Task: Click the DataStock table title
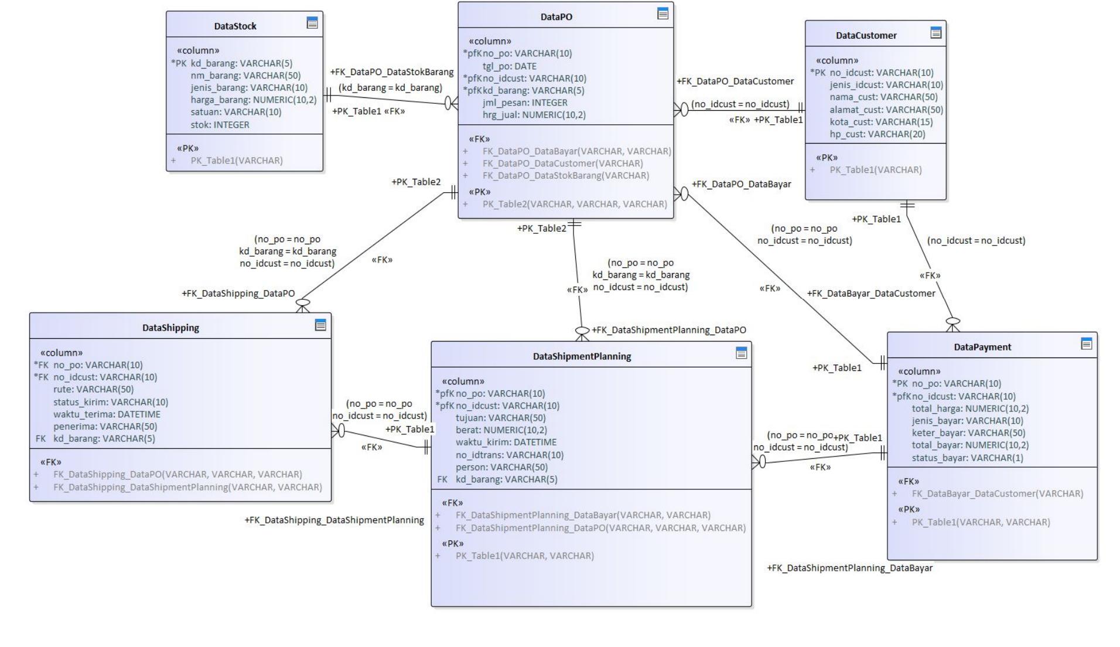[x=235, y=26]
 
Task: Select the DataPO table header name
[x=556, y=17]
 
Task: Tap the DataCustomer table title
[x=866, y=36]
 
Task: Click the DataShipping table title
[x=170, y=328]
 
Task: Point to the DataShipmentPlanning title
[x=582, y=356]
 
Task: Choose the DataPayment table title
[x=982, y=347]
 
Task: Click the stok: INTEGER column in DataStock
[x=220, y=125]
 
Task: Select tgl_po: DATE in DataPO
[x=509, y=66]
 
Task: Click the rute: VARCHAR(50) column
[x=93, y=390]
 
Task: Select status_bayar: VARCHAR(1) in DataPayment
[x=967, y=458]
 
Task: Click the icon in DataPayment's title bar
[x=1086, y=344]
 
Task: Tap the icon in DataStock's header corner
[x=312, y=23]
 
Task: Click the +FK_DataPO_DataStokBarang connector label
[x=392, y=72]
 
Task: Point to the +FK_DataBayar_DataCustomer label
[x=871, y=294]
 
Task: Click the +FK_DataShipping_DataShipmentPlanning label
[x=334, y=520]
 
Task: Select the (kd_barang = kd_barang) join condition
[x=390, y=88]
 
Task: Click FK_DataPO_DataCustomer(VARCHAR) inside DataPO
[x=562, y=164]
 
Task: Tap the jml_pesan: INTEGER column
[x=525, y=103]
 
